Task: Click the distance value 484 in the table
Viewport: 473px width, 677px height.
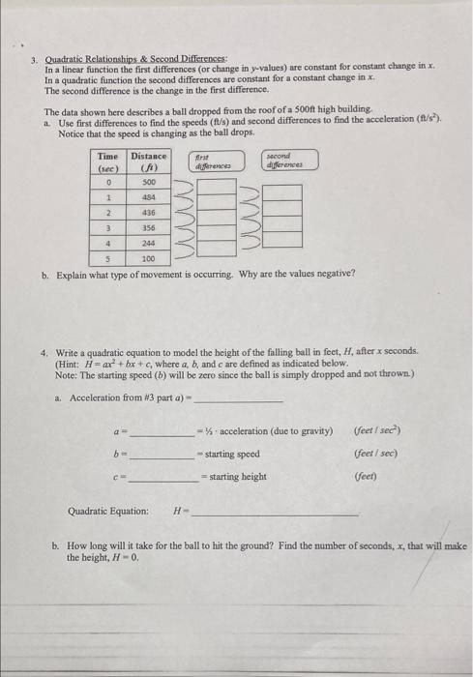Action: pyautogui.click(x=148, y=196)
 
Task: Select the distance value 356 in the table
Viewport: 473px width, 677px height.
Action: pyautogui.click(x=148, y=227)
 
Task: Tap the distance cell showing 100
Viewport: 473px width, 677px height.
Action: pyautogui.click(x=148, y=258)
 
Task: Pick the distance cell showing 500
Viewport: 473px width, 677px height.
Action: pyautogui.click(x=148, y=181)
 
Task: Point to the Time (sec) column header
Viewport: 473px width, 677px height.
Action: pyautogui.click(x=108, y=161)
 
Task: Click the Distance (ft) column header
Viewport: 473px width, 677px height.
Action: pyautogui.click(x=148, y=161)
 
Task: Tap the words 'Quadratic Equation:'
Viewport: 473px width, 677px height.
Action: pyautogui.click(x=108, y=511)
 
